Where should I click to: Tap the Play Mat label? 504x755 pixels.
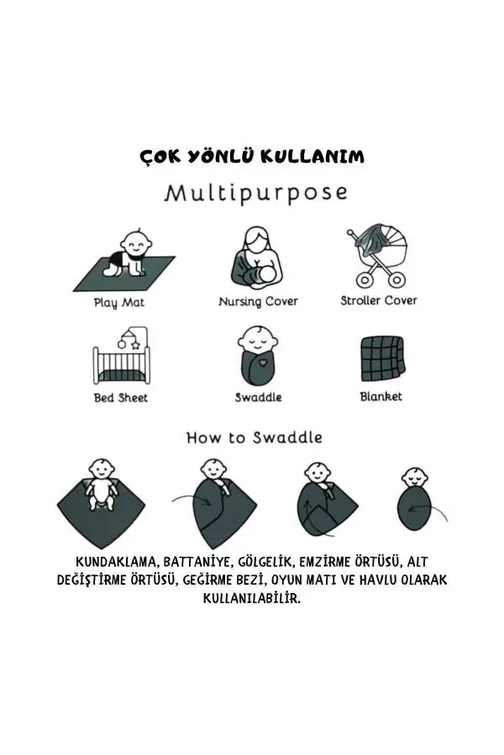(118, 303)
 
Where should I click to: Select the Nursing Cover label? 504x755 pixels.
(258, 301)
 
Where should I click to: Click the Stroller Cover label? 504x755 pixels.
(378, 300)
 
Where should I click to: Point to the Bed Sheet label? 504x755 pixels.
(120, 397)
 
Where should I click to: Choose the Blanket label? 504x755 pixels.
(381, 396)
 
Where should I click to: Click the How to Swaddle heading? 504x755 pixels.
(254, 437)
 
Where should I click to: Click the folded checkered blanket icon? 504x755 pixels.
(381, 358)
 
